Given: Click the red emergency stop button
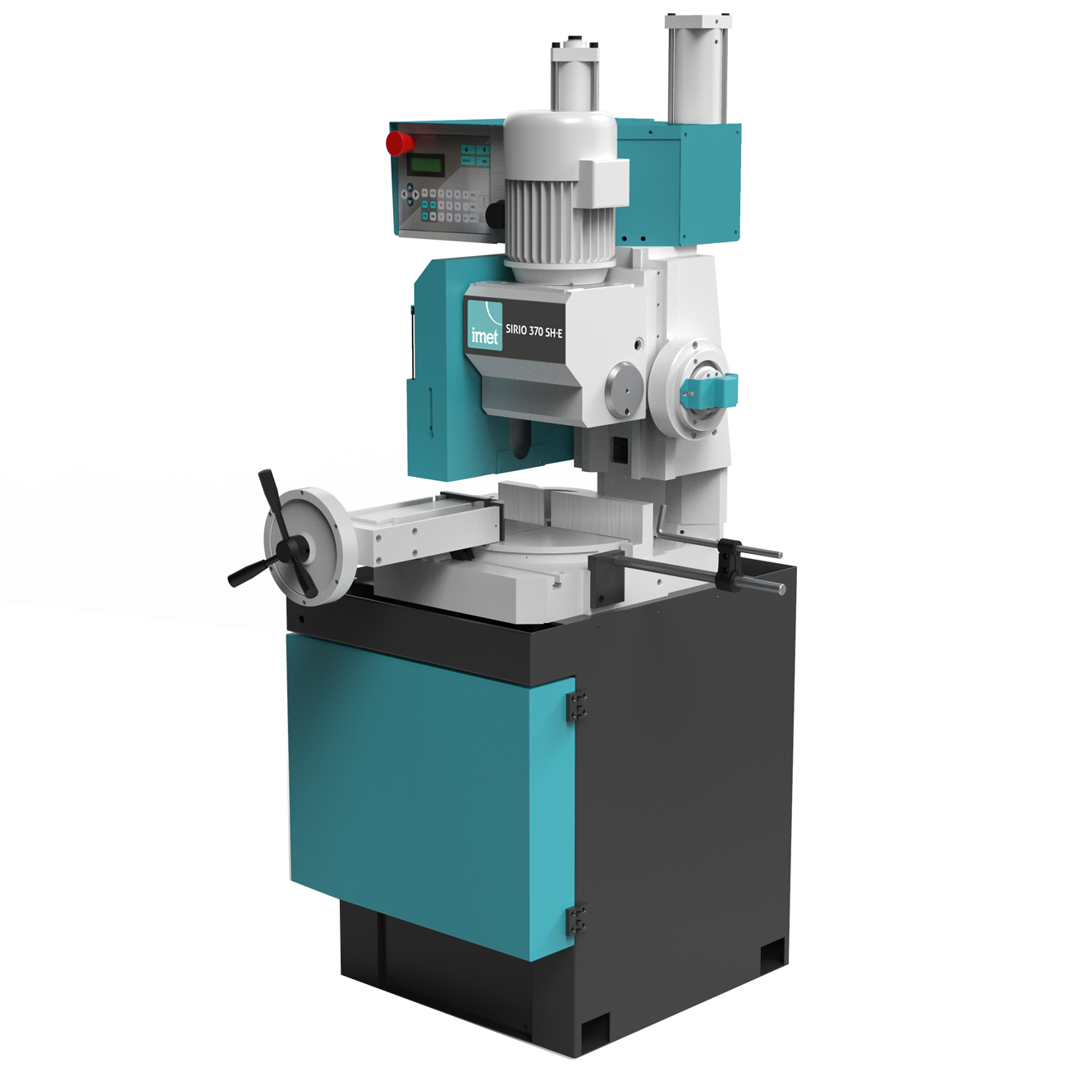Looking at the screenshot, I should (401, 143).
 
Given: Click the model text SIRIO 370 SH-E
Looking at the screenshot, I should (534, 330).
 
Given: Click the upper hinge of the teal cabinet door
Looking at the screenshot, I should (577, 706).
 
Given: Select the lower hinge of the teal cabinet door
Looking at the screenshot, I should (577, 919).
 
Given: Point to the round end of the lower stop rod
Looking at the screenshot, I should (781, 588).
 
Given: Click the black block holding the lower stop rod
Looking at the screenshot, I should (607, 579).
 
